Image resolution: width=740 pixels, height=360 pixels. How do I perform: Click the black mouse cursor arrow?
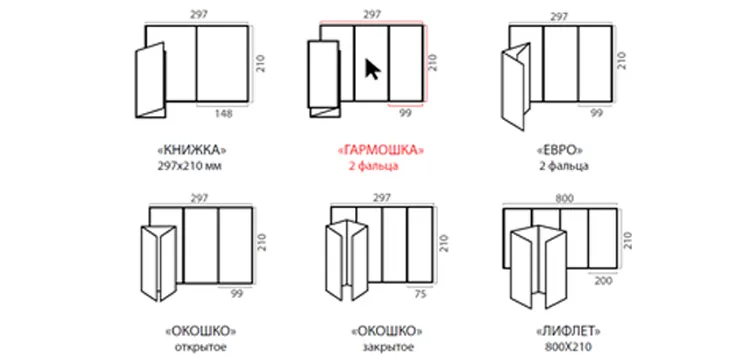click(372, 69)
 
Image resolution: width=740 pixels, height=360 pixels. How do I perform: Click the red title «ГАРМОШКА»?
click(381, 151)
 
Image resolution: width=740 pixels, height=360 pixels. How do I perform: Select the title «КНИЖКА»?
click(191, 151)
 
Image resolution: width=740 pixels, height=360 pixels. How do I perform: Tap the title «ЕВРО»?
click(560, 151)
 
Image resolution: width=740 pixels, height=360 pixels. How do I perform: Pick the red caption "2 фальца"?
click(373, 166)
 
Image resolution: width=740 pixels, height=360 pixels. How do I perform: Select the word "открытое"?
click(201, 347)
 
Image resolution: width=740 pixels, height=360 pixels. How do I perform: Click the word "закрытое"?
click(388, 347)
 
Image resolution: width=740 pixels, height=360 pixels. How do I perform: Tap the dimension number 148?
click(223, 114)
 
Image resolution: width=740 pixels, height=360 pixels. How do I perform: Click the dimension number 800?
click(564, 199)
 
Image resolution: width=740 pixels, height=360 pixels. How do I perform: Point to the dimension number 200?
click(603, 281)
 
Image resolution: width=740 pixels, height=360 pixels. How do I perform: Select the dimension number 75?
click(420, 294)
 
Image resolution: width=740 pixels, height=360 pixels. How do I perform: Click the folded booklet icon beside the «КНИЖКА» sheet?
click(151, 80)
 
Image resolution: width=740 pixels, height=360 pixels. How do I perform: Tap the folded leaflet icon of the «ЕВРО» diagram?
click(515, 86)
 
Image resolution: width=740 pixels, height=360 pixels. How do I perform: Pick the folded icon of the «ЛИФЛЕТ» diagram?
click(539, 266)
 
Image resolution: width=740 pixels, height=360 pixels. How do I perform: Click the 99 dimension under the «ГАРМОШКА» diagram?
click(406, 114)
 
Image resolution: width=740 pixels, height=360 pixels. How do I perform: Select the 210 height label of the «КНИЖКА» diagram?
click(261, 63)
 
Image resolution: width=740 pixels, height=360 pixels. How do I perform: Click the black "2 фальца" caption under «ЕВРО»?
click(563, 166)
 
